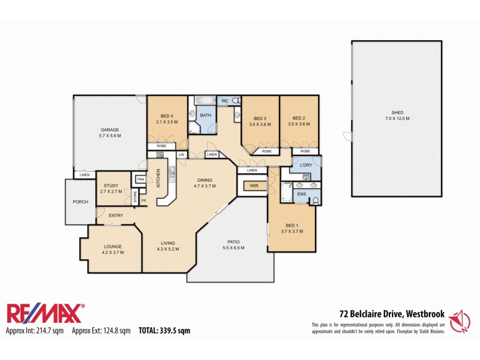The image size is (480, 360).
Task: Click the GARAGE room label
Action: (x=110, y=130)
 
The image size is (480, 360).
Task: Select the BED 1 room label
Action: (x=291, y=225)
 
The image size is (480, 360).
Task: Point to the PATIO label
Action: (x=233, y=242)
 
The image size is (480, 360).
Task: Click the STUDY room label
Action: (x=112, y=185)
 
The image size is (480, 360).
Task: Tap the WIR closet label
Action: (x=254, y=187)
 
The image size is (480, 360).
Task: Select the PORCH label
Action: (x=80, y=202)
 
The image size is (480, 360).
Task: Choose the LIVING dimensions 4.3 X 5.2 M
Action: (x=168, y=249)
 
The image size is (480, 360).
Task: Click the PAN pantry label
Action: (x=140, y=179)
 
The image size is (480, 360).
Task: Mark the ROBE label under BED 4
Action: (x=161, y=146)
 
